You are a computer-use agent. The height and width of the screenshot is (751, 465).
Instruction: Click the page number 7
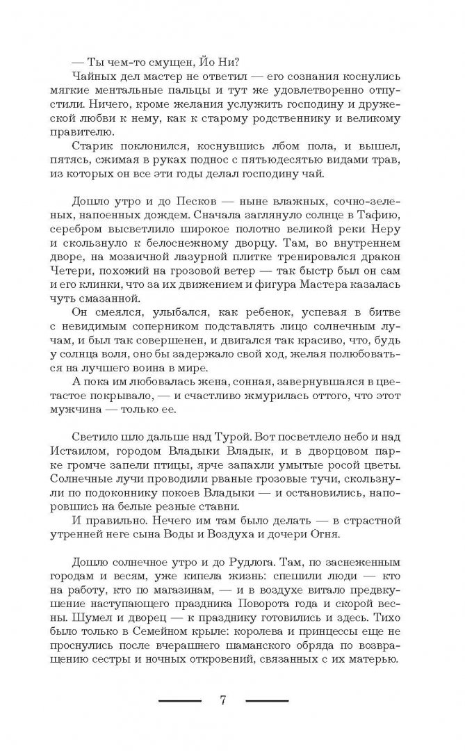223,699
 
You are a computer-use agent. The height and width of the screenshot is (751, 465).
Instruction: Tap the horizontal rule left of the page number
179,700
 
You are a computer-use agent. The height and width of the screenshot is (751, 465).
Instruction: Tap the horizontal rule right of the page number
267,700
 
